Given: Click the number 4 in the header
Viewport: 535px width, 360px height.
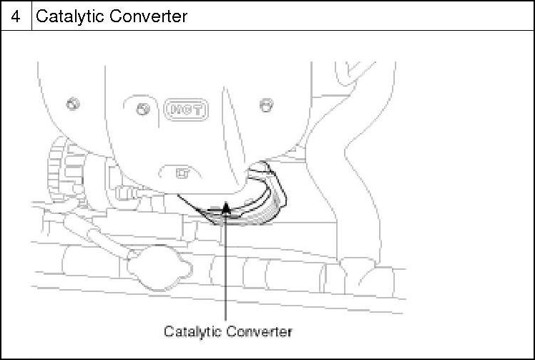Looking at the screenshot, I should click(16, 16).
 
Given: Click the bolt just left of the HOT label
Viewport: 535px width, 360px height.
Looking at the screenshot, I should click(142, 109).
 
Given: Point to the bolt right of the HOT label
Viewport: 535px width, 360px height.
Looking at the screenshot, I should click(266, 105).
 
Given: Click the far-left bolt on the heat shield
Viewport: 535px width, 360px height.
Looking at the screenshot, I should click(72, 104).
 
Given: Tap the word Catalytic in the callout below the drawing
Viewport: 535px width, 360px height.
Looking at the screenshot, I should click(192, 331).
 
